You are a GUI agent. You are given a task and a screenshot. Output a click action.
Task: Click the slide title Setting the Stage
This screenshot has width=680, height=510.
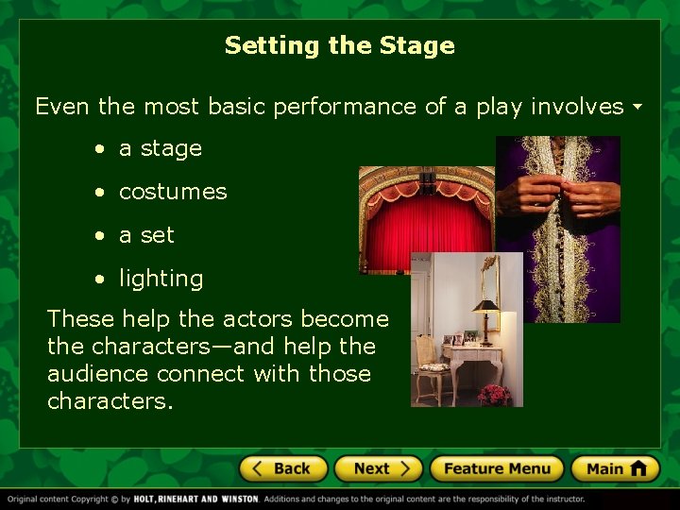click(339, 45)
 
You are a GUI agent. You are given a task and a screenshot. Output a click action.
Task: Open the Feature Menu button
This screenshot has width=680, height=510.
click(496, 468)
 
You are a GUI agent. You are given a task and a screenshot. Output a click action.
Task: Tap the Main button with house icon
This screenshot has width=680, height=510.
click(615, 468)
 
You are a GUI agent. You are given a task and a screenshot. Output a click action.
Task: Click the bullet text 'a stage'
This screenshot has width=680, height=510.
click(160, 148)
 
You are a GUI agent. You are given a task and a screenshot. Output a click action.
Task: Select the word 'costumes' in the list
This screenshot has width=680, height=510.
click(173, 192)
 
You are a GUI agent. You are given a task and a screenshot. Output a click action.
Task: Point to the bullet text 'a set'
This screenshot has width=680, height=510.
click(146, 235)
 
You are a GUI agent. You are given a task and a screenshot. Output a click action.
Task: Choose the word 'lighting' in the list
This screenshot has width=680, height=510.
click(161, 279)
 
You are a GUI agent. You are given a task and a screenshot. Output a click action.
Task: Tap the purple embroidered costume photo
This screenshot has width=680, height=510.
click(558, 227)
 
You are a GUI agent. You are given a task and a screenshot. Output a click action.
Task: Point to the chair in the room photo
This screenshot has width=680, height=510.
click(432, 364)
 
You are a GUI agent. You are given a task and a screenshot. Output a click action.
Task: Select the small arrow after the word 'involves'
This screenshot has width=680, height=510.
click(637, 107)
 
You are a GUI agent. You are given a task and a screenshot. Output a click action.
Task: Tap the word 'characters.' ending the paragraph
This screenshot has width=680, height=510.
click(110, 401)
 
